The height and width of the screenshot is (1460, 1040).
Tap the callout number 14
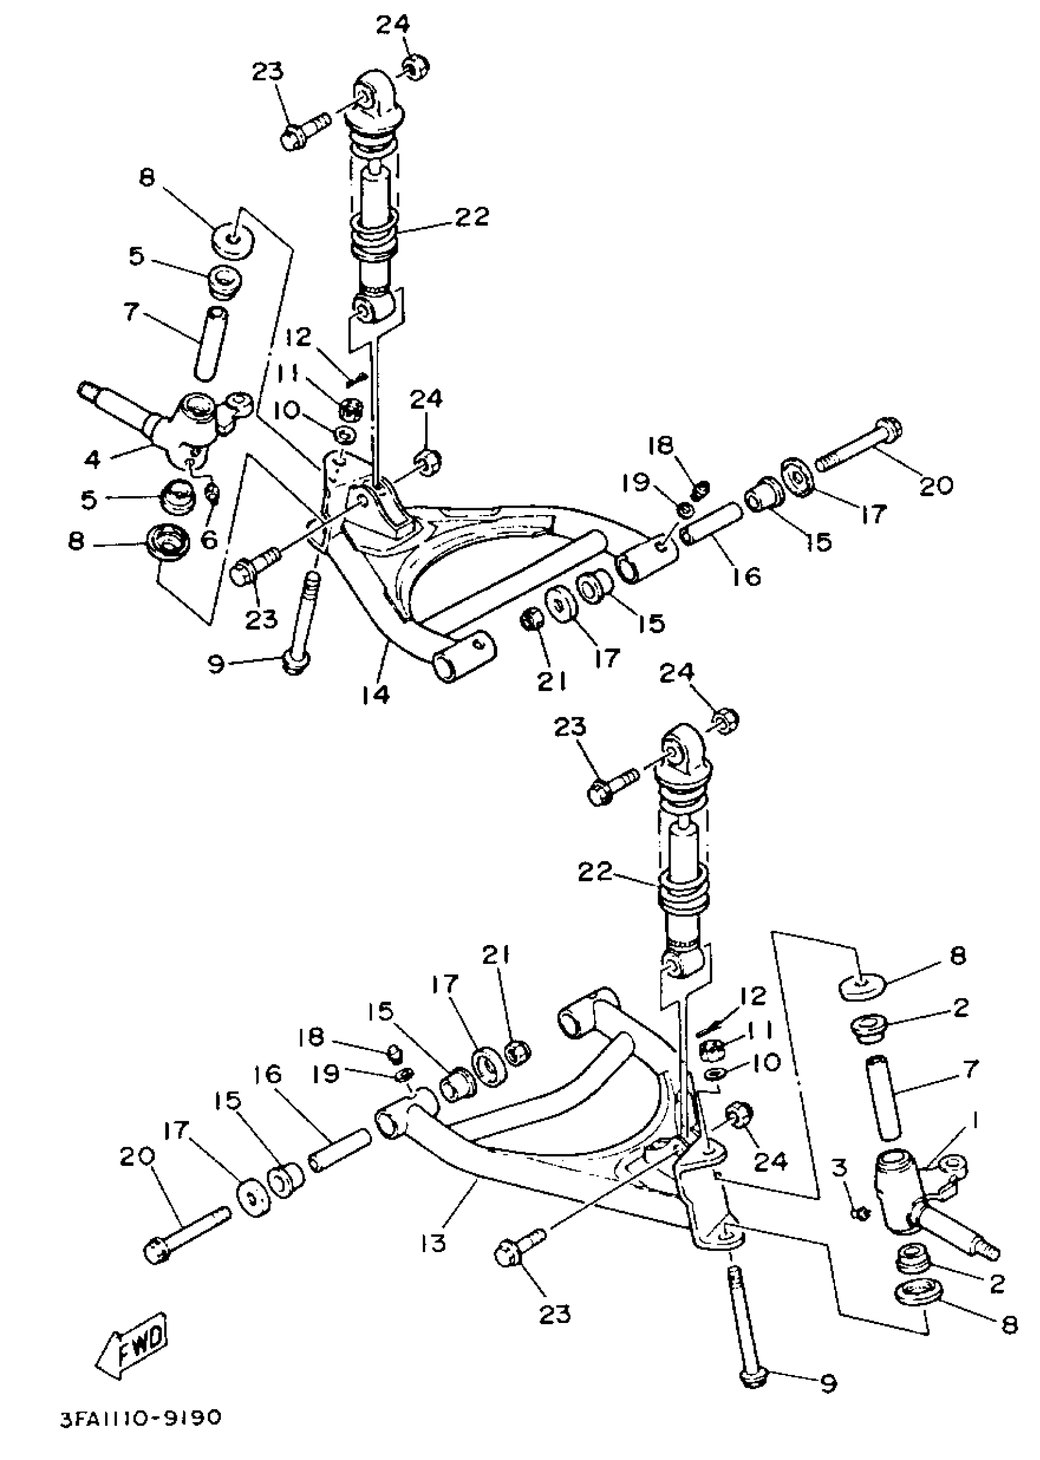tap(375, 694)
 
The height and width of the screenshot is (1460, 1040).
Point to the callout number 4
tap(93, 459)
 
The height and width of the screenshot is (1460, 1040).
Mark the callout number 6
tap(209, 540)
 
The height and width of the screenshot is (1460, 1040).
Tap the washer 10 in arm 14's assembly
tap(345, 435)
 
